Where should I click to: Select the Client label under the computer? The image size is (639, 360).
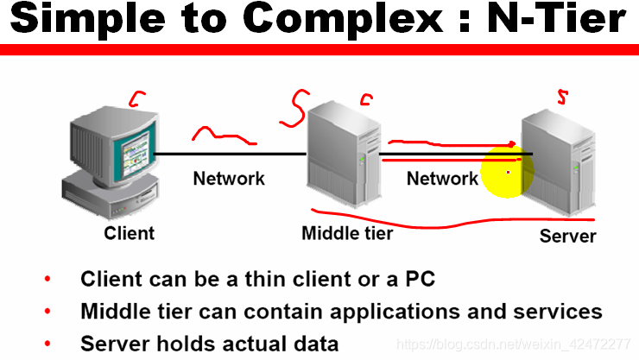point(130,233)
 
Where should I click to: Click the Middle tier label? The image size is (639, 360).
point(347,233)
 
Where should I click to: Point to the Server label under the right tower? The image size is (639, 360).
point(567,236)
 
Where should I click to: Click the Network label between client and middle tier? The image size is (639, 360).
point(229,179)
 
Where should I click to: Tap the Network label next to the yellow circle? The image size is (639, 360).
point(442,179)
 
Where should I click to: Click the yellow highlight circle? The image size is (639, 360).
point(508,171)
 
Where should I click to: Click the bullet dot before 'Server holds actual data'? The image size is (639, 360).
point(47,344)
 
